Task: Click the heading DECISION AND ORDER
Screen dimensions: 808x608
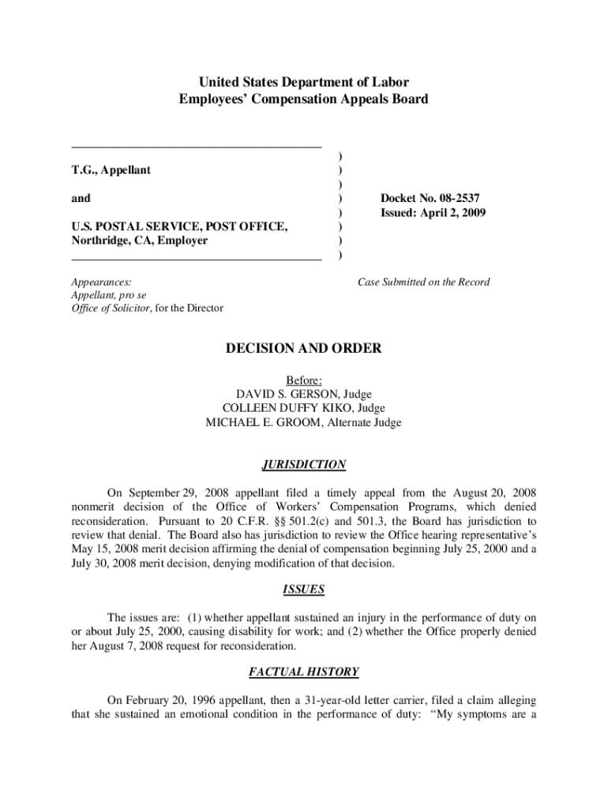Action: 304,348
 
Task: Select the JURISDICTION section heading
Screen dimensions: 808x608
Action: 304,465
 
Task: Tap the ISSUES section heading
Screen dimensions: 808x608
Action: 304,589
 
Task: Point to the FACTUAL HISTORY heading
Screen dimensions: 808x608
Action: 304,672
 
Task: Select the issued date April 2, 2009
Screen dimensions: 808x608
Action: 448,212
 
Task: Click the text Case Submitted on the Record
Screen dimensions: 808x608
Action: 423,282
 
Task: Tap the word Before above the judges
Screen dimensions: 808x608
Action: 304,380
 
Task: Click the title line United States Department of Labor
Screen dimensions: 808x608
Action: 304,82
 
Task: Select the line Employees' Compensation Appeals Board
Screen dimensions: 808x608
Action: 304,99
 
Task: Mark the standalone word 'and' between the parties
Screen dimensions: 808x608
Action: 81,198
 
